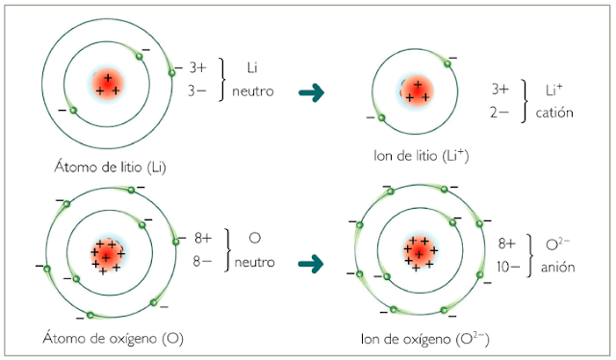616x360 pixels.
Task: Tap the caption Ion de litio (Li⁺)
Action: coord(421,154)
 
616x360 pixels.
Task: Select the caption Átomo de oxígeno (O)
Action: coord(113,339)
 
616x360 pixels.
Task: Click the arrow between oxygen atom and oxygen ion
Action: coord(310,262)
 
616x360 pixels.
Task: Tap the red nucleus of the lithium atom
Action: coord(108,84)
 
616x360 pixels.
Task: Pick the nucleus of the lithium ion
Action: coord(417,90)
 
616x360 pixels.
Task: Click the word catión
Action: coord(554,113)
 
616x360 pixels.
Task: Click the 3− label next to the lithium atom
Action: coord(197,91)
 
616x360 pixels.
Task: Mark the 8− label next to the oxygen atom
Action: coord(202,261)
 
